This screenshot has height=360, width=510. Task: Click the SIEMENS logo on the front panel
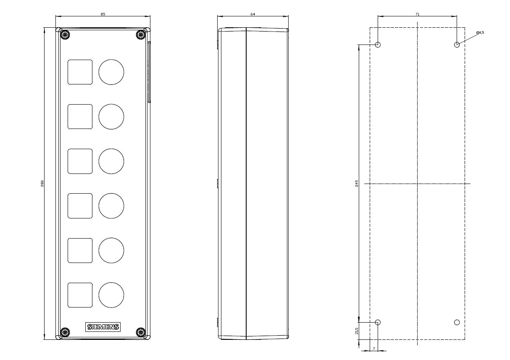coord(103,327)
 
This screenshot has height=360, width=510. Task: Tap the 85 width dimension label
coord(103,14)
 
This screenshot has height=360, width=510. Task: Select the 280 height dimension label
coord(42,184)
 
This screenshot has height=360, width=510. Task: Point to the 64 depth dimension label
coord(253,14)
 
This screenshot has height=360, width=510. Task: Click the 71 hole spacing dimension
coord(417,14)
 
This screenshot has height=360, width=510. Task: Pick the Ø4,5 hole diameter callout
coord(480,33)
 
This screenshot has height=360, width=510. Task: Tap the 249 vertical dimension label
coord(357,184)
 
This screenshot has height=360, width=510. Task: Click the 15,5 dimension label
coord(357,331)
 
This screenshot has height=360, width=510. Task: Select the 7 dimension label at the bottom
coord(373,349)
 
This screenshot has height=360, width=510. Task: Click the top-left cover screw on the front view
coord(65,35)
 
